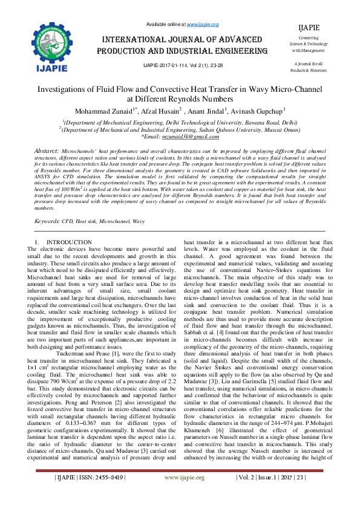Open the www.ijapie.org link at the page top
203,24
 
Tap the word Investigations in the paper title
67,88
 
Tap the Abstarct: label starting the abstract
47,149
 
